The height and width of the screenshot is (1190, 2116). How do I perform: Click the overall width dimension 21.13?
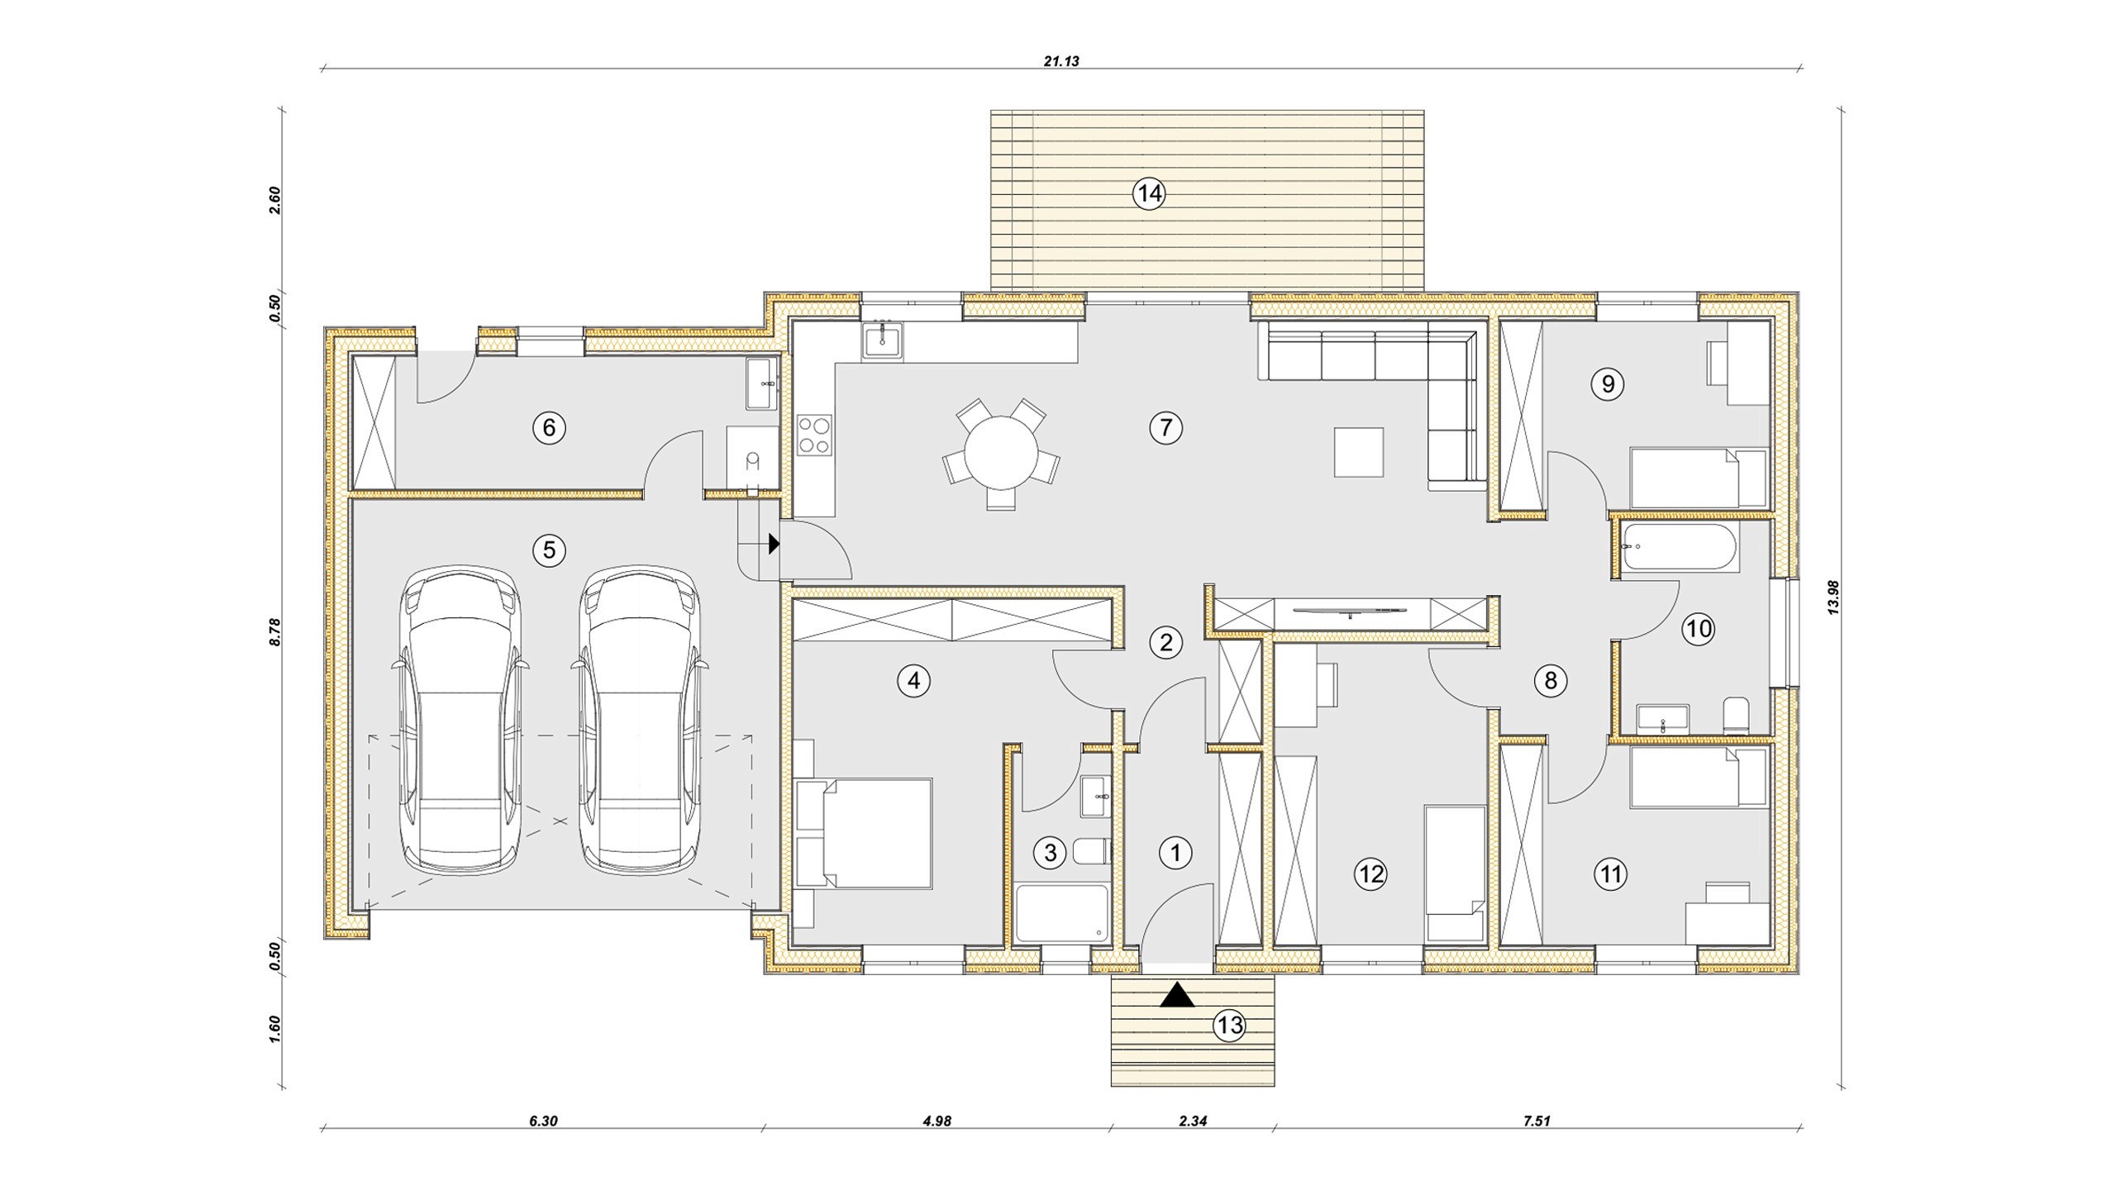pos(1061,60)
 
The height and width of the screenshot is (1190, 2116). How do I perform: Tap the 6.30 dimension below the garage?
pos(543,1121)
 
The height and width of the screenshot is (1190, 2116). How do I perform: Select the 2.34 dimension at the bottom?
pos(1193,1121)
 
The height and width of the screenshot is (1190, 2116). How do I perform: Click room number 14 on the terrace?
pos(1149,193)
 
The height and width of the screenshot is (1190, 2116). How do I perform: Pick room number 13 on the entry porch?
pos(1229,1026)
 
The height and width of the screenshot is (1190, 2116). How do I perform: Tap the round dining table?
pos(1001,452)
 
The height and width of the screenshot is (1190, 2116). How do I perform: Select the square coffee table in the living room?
pos(1359,452)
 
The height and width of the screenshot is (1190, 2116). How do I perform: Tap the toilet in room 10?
pos(1736,716)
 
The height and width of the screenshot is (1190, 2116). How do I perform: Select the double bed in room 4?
pos(864,832)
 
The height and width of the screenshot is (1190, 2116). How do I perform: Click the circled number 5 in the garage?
pos(549,550)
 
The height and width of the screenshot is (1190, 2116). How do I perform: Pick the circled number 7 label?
pos(1165,427)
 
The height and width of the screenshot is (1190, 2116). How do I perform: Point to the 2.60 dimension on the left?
pos(275,200)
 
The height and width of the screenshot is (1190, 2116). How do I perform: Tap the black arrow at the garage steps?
pos(774,543)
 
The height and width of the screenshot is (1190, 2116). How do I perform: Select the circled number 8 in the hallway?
pos(1550,680)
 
